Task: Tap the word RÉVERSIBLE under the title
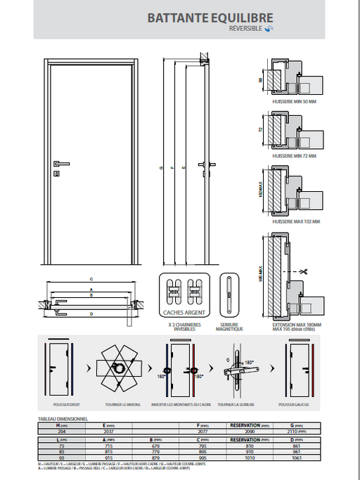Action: click(x=245, y=29)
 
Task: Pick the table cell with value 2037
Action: click(x=109, y=432)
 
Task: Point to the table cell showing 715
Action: click(x=109, y=446)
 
